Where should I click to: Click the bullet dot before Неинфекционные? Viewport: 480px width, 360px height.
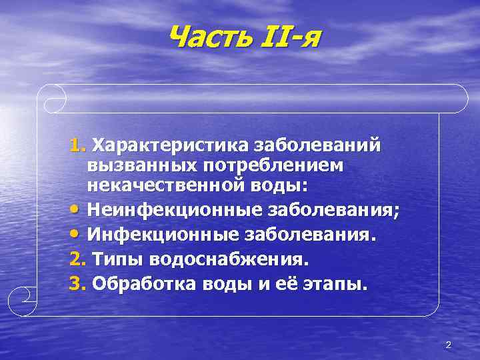tap(75, 212)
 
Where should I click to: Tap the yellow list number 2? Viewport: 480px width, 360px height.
tap(77, 260)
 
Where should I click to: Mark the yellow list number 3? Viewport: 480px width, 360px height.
tap(77, 285)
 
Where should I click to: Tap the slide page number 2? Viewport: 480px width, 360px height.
tap(448, 345)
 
